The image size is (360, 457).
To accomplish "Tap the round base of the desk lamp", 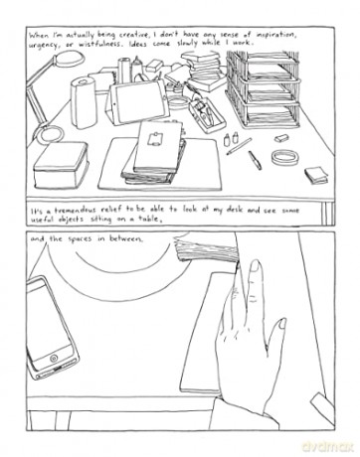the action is (50, 134).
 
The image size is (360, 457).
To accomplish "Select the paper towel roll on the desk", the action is (84, 101).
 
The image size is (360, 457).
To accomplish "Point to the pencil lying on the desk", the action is (239, 146).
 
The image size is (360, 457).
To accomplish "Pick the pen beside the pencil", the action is (255, 160).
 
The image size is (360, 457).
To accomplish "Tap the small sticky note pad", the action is (316, 175).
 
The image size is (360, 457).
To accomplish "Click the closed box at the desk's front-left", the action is (61, 164).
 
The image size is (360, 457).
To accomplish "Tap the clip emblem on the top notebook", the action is (154, 138).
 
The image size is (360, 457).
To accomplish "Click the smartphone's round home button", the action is (54, 358).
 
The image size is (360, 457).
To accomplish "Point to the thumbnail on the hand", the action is (282, 324).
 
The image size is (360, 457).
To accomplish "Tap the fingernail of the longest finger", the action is (255, 267).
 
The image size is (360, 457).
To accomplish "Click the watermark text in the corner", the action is (327, 446).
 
